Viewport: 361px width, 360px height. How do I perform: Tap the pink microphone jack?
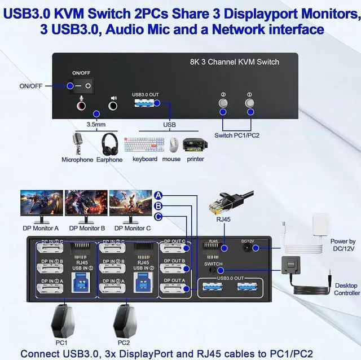(x=82, y=104)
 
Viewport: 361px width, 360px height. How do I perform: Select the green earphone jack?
(x=113, y=104)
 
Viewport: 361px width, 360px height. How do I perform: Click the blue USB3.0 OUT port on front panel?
(x=146, y=103)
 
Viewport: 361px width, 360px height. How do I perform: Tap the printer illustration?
(x=195, y=144)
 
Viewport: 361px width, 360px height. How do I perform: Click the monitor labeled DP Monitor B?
(x=86, y=205)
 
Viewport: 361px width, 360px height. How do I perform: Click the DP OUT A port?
(x=174, y=288)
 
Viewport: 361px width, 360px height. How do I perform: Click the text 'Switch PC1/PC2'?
(x=237, y=135)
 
